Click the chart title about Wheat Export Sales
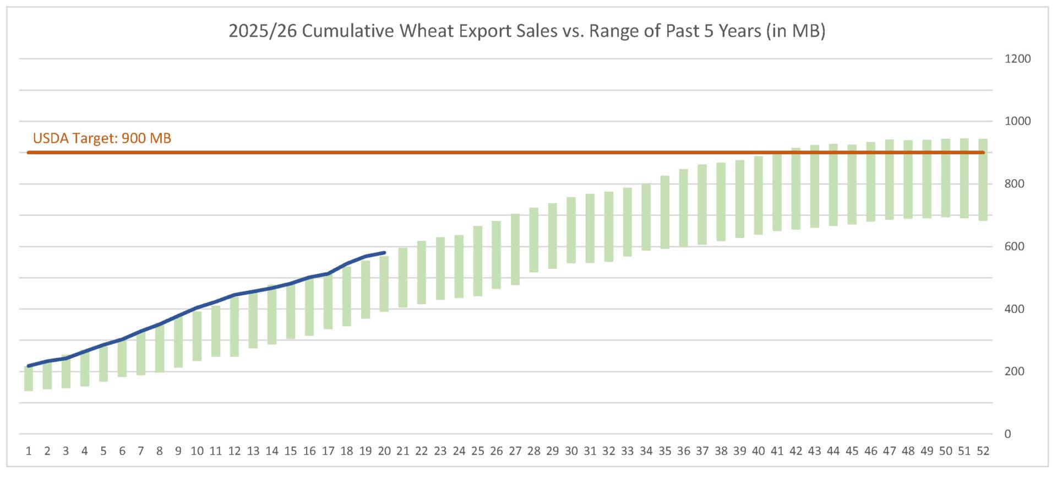coord(527,31)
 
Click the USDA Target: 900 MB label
coord(102,138)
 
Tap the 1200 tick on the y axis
coord(1017,59)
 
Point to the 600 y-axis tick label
coord(1014,246)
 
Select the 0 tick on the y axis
coord(1007,434)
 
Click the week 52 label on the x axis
coord(983,451)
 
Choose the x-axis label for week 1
coord(29,451)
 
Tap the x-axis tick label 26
coord(496,451)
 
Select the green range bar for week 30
coord(571,230)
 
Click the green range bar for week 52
coord(983,180)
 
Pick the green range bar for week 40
coord(758,196)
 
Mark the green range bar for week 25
coord(478,261)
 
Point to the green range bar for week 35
coord(664,213)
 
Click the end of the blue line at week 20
coord(384,253)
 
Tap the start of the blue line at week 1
coord(29,366)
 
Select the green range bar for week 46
coord(870,182)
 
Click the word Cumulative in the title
coord(348,31)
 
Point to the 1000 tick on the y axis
coord(1017,121)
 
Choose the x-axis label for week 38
coord(721,451)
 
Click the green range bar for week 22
coord(422,273)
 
